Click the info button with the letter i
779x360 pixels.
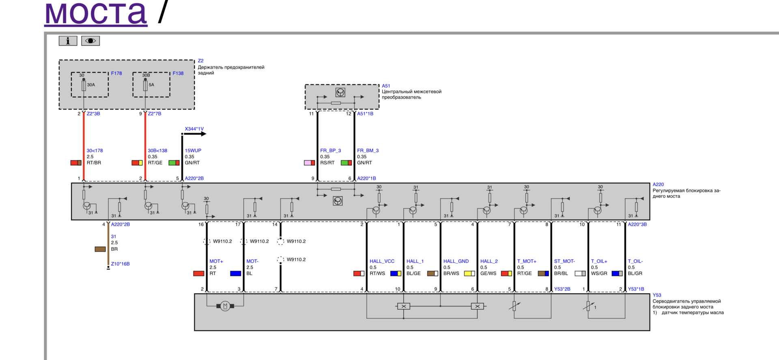coord(68,41)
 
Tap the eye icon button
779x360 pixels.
coord(90,41)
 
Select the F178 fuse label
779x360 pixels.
coord(116,73)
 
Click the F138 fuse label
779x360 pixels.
coord(178,73)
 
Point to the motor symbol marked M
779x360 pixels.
coord(225,306)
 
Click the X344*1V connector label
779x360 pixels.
coord(194,129)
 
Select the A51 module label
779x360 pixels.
coord(386,86)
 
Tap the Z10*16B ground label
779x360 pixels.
coord(120,264)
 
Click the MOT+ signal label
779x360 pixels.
coord(216,261)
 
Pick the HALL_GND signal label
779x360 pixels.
coord(456,261)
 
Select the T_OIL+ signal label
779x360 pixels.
coord(599,261)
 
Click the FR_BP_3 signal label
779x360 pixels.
coord(331,151)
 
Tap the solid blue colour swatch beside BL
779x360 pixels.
coord(236,274)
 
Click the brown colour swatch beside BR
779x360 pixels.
coord(100,249)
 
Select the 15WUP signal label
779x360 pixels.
coord(193,151)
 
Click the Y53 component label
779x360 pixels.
coord(657,295)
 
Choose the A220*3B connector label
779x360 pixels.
coord(637,224)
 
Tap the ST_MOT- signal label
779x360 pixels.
coord(564,261)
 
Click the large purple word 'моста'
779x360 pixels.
coord(96,13)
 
